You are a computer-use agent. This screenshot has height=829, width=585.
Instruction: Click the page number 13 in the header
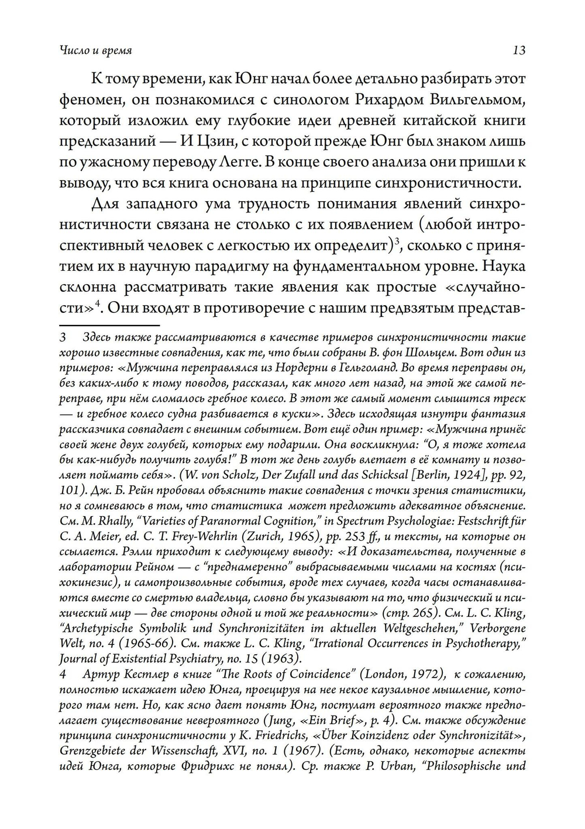(518, 50)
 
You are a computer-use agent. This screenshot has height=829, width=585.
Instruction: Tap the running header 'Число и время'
(96, 50)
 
